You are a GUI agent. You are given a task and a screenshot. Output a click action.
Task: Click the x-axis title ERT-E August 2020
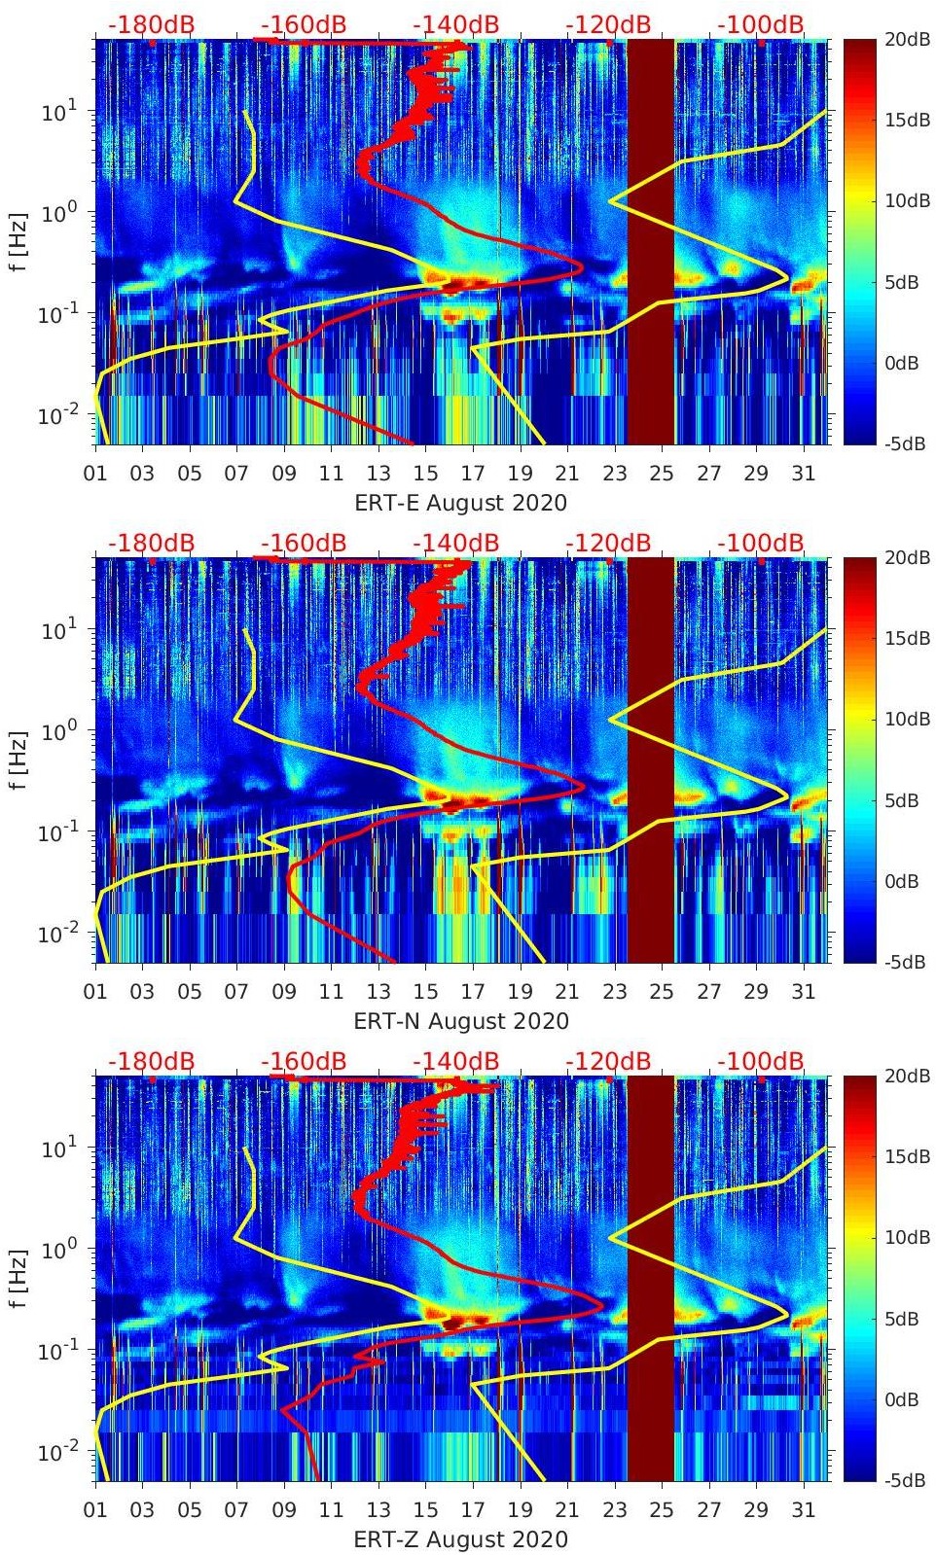[460, 503]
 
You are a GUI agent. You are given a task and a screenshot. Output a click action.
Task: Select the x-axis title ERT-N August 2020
[460, 1021]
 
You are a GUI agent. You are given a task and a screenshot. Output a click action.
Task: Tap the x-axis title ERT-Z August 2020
[460, 1539]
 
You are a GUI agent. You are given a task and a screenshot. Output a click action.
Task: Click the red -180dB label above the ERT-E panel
[151, 25]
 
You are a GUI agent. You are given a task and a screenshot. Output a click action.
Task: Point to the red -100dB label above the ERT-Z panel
[761, 1062]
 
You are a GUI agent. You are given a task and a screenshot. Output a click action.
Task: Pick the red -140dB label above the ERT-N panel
[455, 544]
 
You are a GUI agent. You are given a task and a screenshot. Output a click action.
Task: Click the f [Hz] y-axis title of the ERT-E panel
[20, 241]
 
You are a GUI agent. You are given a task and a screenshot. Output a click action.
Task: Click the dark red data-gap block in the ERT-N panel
[650, 759]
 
